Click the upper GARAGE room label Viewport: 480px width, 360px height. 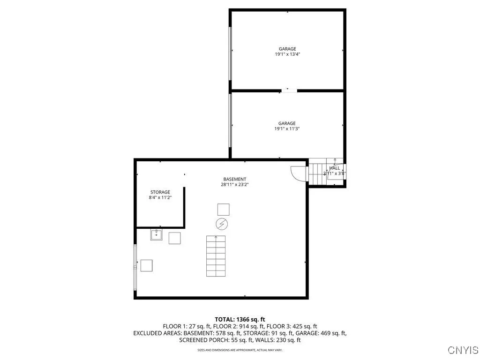(x=287, y=49)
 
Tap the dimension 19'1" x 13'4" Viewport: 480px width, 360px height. (x=287, y=54)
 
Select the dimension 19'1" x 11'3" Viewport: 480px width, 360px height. (x=287, y=129)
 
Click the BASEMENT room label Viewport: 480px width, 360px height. (x=234, y=179)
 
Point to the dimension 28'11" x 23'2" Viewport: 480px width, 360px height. (x=234, y=185)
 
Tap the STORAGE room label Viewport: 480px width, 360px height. (x=160, y=192)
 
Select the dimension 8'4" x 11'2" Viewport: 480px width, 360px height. (x=160, y=198)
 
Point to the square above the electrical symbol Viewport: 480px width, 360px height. (x=224, y=210)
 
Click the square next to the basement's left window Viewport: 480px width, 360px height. (x=146, y=265)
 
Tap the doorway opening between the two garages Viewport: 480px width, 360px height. (x=289, y=90)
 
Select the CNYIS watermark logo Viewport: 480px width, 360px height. (x=463, y=350)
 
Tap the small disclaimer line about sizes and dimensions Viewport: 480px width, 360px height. (x=240, y=350)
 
